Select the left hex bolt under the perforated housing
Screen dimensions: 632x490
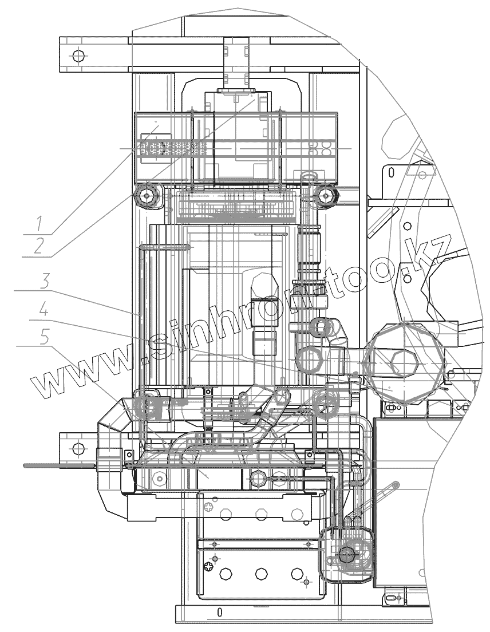coord(148,195)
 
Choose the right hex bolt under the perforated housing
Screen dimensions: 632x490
coord(325,195)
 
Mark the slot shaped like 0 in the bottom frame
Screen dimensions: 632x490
coord(219,611)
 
